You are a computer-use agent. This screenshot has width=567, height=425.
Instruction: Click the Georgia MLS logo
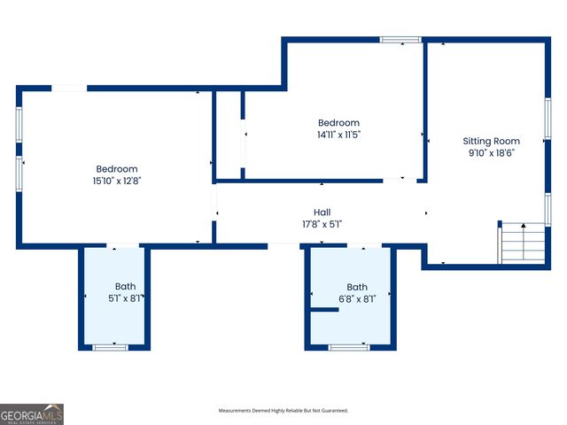point(32,414)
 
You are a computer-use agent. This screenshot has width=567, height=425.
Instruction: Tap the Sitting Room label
point(491,141)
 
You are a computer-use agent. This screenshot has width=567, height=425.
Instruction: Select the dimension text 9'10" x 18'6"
point(491,152)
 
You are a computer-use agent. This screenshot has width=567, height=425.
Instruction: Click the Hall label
point(322,212)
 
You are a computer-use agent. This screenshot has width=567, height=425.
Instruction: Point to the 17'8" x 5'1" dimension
point(322,224)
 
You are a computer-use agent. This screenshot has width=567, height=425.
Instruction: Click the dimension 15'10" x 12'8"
point(117,180)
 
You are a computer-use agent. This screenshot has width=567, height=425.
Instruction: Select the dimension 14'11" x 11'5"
point(339,135)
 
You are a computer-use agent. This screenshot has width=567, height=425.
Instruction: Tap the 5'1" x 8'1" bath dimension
point(125,298)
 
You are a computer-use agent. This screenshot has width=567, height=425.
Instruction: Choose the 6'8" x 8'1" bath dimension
point(357,299)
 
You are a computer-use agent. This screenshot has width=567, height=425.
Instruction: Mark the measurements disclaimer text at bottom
point(283,411)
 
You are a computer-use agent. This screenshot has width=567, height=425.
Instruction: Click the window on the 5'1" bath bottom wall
point(111,347)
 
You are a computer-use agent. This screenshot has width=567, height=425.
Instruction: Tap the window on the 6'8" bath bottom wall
point(348,347)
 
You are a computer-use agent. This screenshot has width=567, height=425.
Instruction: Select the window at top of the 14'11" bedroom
point(400,40)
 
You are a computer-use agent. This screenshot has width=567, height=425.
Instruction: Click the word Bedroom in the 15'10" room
point(117,168)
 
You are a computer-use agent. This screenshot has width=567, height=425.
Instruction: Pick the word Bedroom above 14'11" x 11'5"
point(339,123)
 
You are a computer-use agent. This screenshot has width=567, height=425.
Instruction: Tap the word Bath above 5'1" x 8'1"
point(125,286)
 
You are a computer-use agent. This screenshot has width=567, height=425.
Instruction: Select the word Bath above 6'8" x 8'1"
point(357,287)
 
